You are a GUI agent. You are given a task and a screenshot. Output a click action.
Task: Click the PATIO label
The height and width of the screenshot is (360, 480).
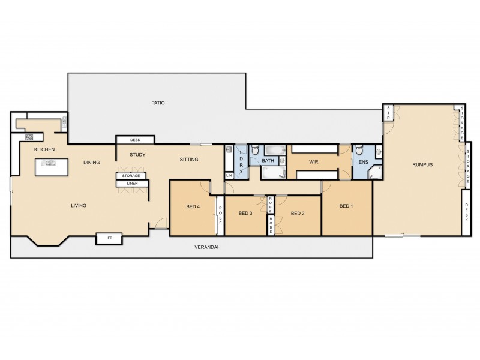[158, 103]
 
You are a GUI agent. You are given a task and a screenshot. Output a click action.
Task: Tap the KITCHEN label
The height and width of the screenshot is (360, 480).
[44, 149]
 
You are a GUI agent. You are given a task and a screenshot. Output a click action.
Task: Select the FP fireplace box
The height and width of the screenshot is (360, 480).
[110, 239]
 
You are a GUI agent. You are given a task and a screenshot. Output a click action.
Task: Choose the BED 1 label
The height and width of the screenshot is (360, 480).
[346, 206]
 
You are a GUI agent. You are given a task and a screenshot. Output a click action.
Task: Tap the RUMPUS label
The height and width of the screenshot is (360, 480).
[422, 164]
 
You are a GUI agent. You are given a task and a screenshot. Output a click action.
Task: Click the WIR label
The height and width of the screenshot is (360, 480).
[313, 162]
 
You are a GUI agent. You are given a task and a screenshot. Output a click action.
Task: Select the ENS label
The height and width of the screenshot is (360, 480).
[364, 162]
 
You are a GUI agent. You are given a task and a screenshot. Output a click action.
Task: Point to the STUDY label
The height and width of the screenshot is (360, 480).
[137, 155]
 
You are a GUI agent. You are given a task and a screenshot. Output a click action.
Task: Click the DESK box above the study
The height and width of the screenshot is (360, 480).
[136, 140]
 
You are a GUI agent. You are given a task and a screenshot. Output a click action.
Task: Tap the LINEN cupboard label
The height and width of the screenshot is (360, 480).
[132, 183]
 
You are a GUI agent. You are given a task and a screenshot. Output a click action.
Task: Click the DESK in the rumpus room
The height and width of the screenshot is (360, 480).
[467, 211]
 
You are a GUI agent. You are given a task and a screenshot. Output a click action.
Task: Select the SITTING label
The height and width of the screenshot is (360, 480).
[190, 160]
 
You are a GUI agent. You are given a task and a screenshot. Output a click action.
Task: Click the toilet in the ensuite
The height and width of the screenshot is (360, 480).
[359, 151]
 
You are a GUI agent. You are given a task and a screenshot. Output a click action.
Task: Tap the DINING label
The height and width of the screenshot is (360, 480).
[92, 162]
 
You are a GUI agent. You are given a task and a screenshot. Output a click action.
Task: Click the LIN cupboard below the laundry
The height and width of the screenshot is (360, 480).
[229, 176]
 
